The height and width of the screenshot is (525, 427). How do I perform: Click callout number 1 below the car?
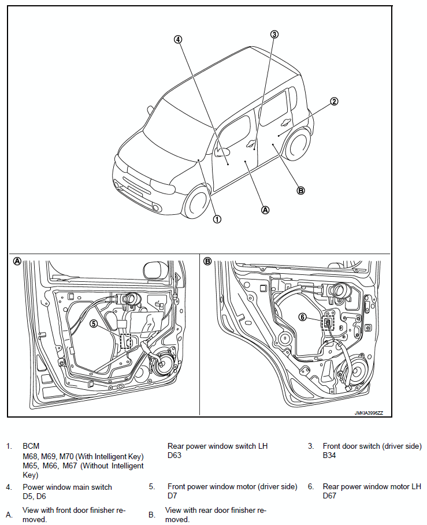click(217, 219)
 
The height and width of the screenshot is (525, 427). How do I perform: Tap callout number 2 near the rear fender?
click(333, 102)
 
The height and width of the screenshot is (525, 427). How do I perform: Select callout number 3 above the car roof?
click(274, 34)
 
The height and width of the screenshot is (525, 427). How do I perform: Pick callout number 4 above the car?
click(178, 40)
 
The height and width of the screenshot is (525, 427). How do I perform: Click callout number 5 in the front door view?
click(94, 324)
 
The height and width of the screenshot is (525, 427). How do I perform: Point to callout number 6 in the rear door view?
click(302, 317)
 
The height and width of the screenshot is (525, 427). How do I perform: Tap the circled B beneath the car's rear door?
click(300, 191)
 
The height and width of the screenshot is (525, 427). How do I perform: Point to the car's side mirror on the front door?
click(221, 152)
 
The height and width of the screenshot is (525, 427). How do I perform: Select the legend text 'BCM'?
click(31, 446)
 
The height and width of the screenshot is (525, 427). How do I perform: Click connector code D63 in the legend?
click(175, 455)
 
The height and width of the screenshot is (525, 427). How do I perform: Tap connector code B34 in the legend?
click(329, 455)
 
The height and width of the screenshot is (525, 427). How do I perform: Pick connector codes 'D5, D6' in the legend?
click(34, 496)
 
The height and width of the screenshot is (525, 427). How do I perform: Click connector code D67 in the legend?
click(329, 496)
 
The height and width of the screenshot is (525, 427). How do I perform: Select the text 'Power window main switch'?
click(67, 487)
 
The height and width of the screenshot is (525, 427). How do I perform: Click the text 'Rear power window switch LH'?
click(217, 446)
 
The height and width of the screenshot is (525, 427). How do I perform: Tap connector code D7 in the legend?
click(172, 496)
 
